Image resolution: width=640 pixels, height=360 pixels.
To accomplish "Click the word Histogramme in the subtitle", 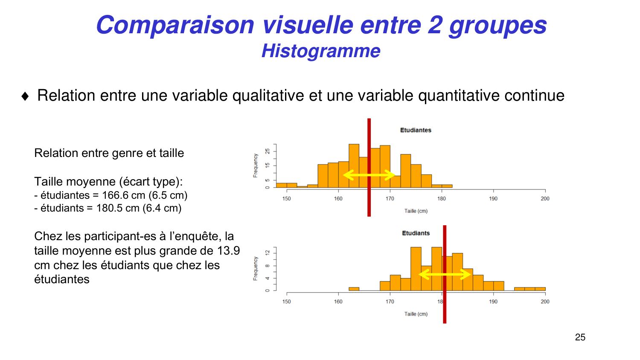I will [320, 51].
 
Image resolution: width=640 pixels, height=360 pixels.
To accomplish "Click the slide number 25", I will [580, 337].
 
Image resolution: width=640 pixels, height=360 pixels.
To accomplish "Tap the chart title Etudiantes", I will [415, 130].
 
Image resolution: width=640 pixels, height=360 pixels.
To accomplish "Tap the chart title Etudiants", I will [416, 233].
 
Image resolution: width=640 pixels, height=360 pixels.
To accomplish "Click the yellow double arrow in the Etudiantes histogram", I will [369, 175].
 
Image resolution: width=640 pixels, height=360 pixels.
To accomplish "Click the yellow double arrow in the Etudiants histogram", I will [445, 274].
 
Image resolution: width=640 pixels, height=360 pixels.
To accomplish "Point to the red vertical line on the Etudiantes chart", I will [369, 200].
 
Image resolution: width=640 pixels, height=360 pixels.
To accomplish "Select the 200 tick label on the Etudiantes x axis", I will [545, 199].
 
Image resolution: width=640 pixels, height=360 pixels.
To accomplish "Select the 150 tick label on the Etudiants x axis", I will [286, 302].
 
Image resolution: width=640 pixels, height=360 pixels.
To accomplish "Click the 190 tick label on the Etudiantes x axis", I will [493, 199].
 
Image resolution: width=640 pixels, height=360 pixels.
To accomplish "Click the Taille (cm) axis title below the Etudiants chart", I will [416, 314].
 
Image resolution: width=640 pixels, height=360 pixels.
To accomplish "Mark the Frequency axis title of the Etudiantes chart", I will [256, 165].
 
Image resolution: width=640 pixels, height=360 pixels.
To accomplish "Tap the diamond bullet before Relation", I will [25, 96].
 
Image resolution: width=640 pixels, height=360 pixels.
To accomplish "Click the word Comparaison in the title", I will [175, 25].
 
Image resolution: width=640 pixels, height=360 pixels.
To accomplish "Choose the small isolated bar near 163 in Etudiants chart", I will [354, 289].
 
